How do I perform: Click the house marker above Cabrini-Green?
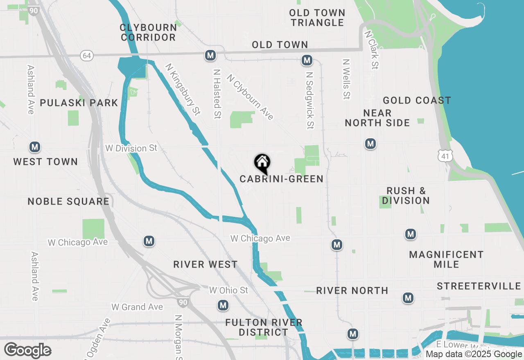262,163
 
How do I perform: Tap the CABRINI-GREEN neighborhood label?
281,179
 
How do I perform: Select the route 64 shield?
86,56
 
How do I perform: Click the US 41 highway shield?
445,155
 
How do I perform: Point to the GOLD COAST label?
417,100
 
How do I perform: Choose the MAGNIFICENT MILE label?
446,259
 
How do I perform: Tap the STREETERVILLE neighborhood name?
479,286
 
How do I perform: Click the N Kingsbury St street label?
183,89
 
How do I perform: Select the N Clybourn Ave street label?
250,97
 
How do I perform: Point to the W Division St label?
131,148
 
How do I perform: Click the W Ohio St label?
228,290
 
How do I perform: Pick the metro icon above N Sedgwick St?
307,61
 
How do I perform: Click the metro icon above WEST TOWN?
35,147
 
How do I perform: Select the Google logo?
27,350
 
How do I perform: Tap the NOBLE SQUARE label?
68,201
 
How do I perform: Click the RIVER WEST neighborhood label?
205,264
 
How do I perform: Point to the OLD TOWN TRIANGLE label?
317,18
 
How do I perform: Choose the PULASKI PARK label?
79,103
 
